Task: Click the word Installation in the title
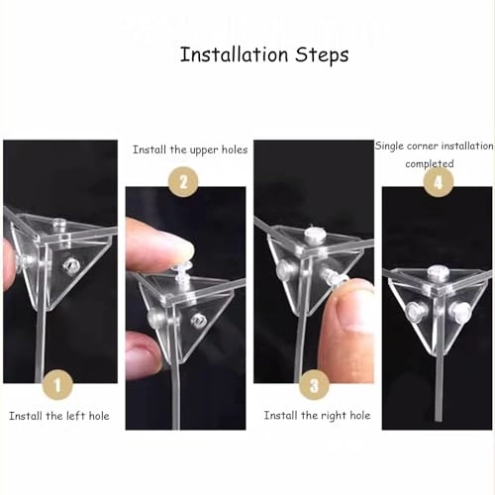(x=235, y=54)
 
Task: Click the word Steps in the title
(x=322, y=55)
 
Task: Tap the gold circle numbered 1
(x=57, y=385)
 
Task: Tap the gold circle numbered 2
(x=183, y=182)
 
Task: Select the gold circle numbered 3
(x=314, y=385)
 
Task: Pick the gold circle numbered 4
(x=439, y=182)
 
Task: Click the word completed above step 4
(x=430, y=163)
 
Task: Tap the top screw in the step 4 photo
(x=437, y=271)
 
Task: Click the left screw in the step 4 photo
(x=415, y=311)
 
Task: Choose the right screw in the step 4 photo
(x=460, y=311)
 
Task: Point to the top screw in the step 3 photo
(x=314, y=235)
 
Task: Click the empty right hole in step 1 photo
(x=70, y=265)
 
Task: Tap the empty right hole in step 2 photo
(x=198, y=320)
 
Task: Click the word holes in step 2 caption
(x=235, y=149)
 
